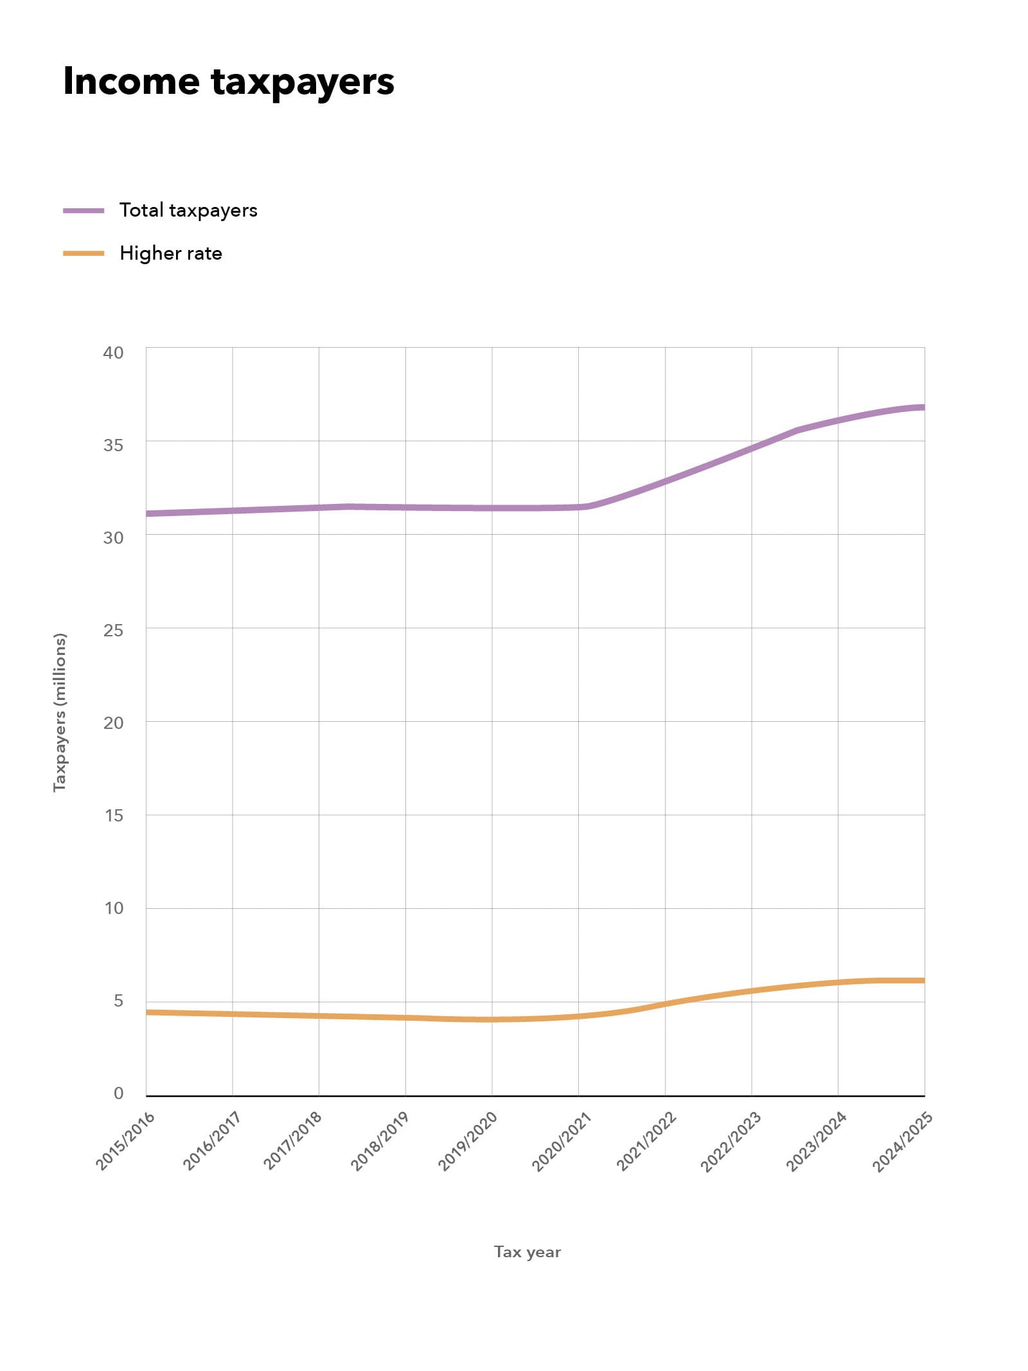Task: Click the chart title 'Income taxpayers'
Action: [228, 82]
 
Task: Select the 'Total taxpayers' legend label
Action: [188, 210]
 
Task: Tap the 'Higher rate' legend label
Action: [171, 253]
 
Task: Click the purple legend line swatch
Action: [84, 211]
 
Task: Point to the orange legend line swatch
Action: [84, 254]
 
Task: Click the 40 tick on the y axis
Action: [113, 352]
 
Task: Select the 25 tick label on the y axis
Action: [113, 630]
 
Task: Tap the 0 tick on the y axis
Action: [118, 1093]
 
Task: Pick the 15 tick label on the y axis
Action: [114, 815]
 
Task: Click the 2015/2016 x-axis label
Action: [125, 1141]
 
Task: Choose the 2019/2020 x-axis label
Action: [468, 1141]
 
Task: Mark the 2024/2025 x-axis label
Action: [902, 1141]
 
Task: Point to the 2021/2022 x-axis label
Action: [646, 1141]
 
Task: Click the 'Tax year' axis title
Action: [527, 1251]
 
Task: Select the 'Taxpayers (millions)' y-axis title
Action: [60, 712]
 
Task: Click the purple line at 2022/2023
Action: [751, 448]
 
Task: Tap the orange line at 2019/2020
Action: [492, 1019]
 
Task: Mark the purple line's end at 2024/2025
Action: [923, 408]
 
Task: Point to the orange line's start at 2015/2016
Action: [148, 1012]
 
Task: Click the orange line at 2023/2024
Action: [838, 983]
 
